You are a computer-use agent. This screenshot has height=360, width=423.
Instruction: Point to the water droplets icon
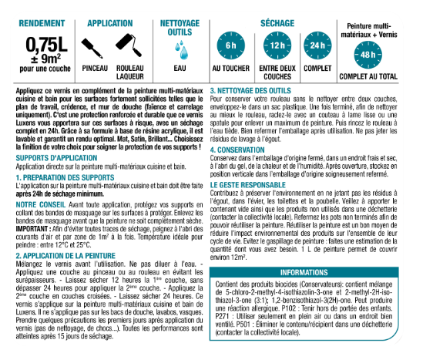(182, 51)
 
